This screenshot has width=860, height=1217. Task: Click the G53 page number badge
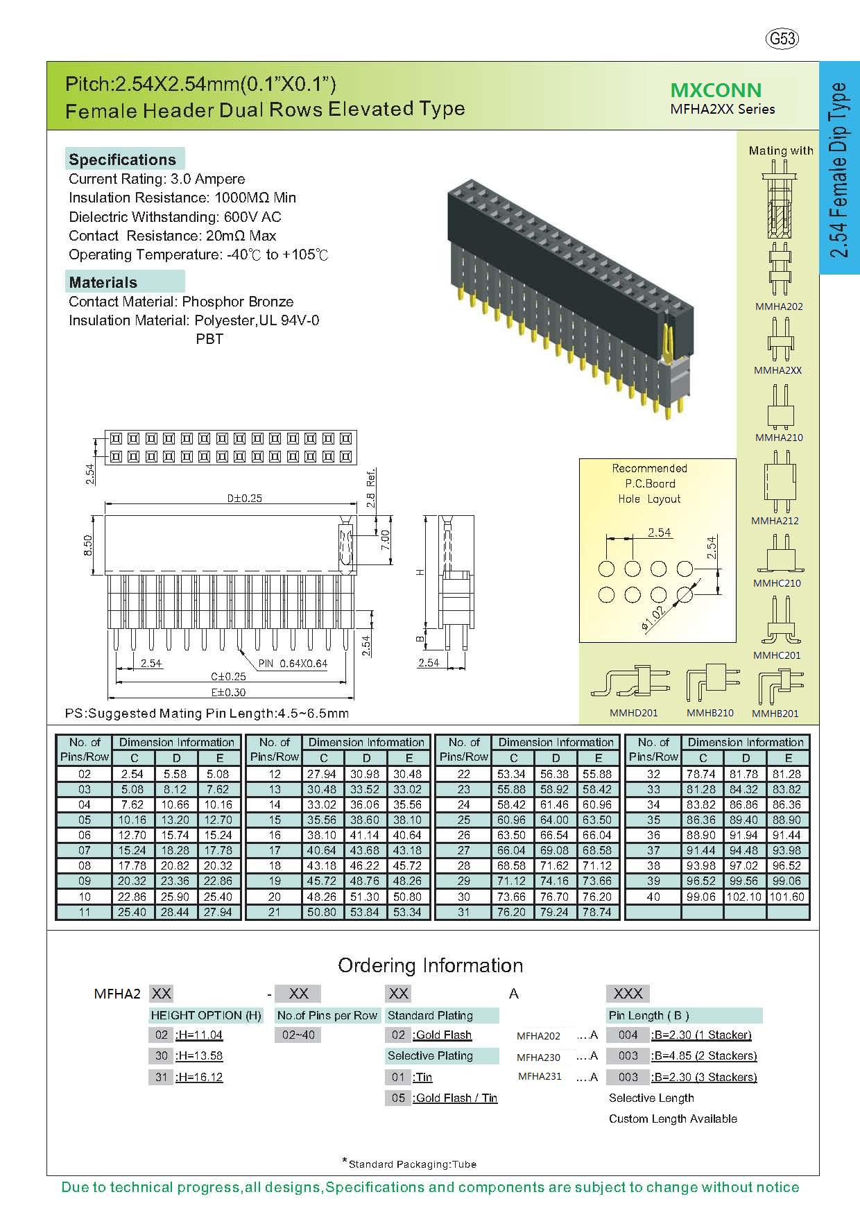tap(782, 39)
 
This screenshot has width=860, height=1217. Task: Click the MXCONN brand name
tap(716, 90)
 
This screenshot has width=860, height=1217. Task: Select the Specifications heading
tap(122, 159)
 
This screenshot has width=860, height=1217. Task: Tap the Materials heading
tap(103, 282)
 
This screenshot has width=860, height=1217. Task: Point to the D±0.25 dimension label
tap(245, 498)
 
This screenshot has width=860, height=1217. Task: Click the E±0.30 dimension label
tap(229, 692)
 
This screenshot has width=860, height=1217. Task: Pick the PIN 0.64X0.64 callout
tap(293, 664)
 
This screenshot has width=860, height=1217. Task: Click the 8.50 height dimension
tap(88, 545)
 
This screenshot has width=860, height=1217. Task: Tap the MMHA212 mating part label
tap(775, 521)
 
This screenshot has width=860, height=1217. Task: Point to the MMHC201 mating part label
tap(777, 655)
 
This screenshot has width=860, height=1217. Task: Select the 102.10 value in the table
tap(746, 897)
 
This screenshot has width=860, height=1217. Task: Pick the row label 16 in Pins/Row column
tap(275, 835)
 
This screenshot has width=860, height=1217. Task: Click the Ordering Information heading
tap(430, 965)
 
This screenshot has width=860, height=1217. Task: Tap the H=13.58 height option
tap(199, 1056)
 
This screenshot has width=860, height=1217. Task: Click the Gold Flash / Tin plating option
tap(456, 1098)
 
